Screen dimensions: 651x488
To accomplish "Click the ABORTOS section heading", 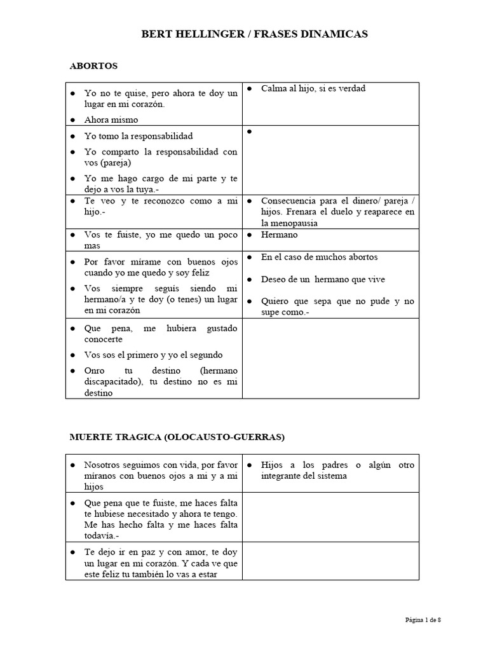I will pos(93,65).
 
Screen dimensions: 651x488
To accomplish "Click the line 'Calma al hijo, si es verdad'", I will pos(313,88).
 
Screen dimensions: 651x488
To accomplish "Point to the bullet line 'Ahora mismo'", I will pos(111,120).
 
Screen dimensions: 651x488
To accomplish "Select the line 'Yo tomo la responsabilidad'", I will pos(139,136).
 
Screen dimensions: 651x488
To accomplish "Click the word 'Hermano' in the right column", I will pos(279,235).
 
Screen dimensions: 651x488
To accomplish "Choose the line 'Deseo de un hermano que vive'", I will pos(323,279).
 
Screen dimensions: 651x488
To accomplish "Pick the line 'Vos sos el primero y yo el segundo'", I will pos(154,355).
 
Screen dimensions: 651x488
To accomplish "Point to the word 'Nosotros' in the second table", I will pos(102,465).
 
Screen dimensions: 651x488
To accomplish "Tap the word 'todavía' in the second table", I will pos(100,536).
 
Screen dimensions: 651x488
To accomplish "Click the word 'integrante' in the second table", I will pos(283,476).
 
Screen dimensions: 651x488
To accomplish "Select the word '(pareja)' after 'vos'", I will pos(109,163).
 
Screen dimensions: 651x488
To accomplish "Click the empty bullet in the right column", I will pos(250,132).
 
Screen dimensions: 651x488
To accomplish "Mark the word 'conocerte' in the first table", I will pos(104,339).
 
